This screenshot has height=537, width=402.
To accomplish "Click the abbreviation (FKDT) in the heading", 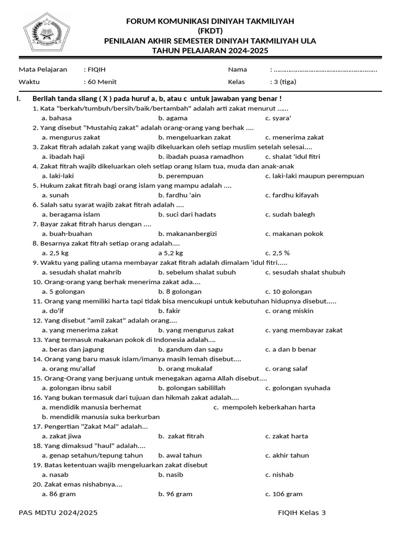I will pos(210,30).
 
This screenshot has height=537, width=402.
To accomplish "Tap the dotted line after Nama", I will pos(325,70).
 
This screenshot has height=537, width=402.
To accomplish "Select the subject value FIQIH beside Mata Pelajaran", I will pos(97,70).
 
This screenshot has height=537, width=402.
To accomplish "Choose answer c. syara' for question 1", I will pos(278,118).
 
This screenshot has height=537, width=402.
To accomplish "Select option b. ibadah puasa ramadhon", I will pos(200,156).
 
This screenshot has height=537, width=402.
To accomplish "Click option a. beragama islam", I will pos(71,214).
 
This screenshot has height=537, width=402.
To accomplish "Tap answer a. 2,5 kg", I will pos(55,253).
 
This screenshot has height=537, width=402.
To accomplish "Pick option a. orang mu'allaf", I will pos(69,369).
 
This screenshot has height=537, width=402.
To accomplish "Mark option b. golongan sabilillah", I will pos(192,388).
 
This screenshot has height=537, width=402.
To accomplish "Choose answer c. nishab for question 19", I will pos(279,475).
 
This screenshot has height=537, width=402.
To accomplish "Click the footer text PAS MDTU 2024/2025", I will pos(58,513).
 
